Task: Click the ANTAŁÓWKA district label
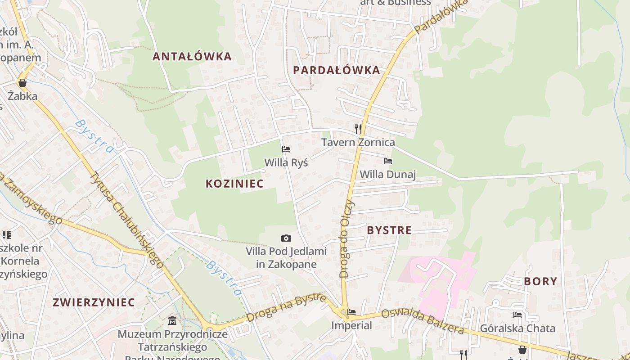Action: coord(192,57)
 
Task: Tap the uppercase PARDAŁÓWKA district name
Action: coord(336,70)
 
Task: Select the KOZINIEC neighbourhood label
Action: coord(234,184)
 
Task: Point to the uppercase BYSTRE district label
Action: coord(389,230)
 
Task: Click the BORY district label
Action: coord(540,282)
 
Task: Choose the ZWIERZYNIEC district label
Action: coord(94,302)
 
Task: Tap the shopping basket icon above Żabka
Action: coord(22,83)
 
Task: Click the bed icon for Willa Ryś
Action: coord(286,149)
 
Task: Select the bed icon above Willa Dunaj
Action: coord(387,161)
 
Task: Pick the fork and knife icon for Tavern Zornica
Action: coord(358,129)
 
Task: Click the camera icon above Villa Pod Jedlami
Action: coord(286,238)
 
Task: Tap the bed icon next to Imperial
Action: coord(351,312)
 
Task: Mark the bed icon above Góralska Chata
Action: coord(517,315)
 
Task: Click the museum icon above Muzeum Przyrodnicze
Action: coord(172,321)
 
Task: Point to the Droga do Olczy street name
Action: coord(347,238)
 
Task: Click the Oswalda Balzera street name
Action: coord(422,321)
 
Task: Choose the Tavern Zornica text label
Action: coord(358,143)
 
